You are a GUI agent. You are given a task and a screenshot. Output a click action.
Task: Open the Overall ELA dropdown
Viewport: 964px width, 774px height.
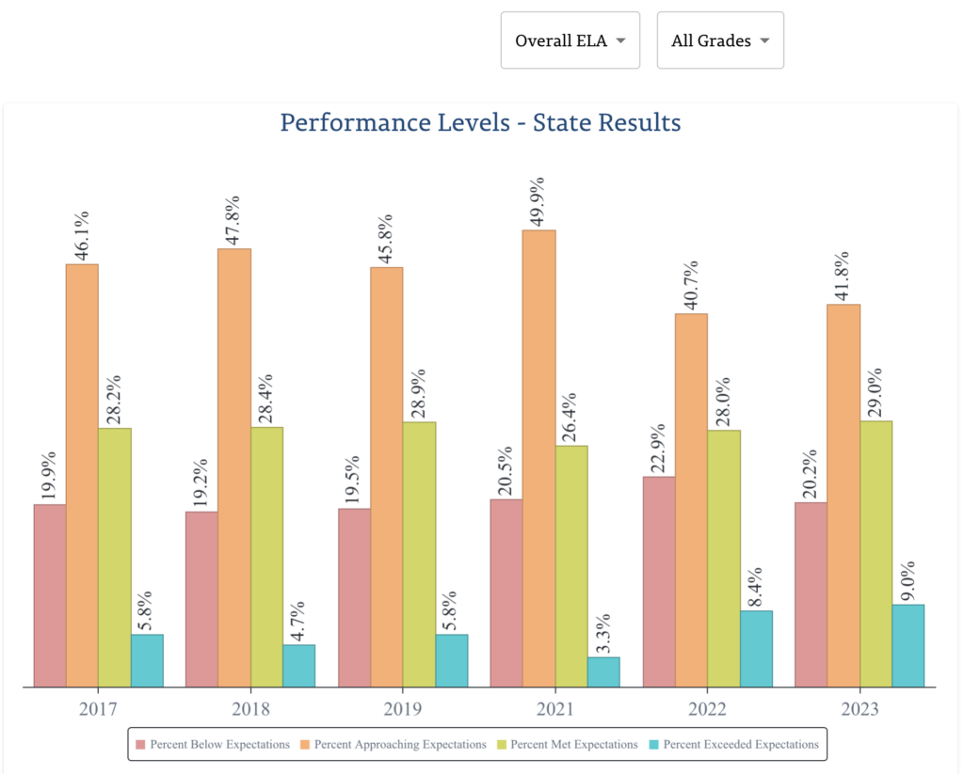pos(570,40)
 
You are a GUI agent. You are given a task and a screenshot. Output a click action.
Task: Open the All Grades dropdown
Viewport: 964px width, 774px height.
pos(719,40)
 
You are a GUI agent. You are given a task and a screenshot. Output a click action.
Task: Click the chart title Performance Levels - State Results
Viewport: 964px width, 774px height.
pos(480,122)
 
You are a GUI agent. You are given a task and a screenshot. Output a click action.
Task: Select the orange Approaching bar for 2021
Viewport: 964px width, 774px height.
pos(539,459)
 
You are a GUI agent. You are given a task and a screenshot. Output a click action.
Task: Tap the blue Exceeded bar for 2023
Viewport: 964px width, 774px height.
pos(908,646)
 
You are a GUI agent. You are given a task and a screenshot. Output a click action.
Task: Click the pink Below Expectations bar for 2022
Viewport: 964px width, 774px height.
pos(659,582)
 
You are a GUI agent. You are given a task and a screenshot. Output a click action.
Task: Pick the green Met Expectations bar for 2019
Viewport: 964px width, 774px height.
pos(419,555)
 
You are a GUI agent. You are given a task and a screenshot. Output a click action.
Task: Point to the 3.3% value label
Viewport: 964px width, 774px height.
pos(602,633)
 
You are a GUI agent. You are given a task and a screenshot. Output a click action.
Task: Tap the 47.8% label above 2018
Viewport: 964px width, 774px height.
pos(233,219)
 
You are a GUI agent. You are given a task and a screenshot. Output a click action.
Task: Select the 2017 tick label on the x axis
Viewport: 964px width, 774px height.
pos(97,708)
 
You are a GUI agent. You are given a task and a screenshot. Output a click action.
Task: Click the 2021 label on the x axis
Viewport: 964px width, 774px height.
pos(554,708)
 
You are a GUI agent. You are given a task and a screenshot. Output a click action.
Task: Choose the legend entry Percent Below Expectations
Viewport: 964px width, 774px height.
pos(212,745)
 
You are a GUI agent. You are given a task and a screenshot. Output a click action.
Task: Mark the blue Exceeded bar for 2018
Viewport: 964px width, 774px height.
pos(298,666)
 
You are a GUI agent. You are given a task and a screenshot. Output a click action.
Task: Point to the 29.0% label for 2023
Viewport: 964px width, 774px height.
pos(876,389)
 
